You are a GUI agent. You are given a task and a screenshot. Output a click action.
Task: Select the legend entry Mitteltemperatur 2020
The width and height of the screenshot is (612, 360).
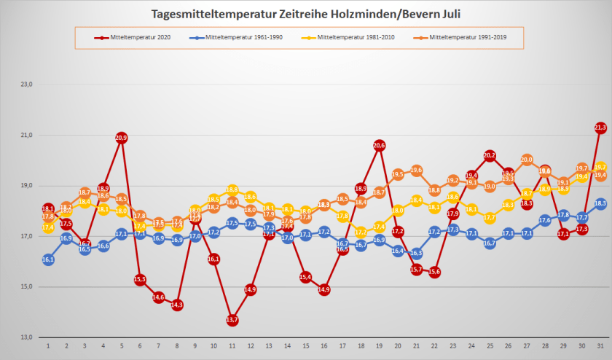[136, 37]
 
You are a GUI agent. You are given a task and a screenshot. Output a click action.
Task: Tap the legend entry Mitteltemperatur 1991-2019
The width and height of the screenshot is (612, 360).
[466, 37]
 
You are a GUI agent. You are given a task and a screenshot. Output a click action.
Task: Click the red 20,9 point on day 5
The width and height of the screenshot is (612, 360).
[122, 138]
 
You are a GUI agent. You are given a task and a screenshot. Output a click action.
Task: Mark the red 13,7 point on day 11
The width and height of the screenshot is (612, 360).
[232, 320]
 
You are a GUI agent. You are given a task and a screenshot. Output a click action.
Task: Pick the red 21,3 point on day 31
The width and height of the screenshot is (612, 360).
[600, 128]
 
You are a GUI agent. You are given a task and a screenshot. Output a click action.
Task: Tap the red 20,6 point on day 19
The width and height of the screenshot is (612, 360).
[379, 145]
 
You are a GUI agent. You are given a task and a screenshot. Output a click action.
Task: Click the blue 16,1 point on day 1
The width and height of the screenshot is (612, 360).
[48, 259]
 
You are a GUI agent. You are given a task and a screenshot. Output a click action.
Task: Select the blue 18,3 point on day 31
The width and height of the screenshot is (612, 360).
[600, 203]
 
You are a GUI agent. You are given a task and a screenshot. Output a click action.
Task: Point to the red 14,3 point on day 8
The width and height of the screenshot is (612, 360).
[177, 305]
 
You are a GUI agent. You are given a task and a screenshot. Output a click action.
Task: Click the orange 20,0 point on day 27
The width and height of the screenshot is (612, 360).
[527, 160]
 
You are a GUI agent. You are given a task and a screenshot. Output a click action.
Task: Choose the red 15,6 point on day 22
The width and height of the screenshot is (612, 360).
[434, 272]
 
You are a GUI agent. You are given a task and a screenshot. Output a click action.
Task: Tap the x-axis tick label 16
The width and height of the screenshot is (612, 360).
[324, 346]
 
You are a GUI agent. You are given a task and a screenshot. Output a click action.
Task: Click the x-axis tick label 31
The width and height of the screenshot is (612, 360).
[600, 346]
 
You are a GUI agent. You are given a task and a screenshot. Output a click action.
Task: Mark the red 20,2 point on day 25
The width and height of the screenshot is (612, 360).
[490, 155]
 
